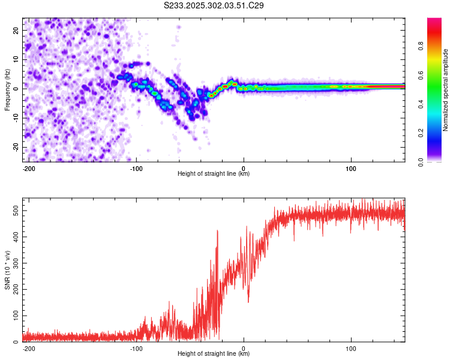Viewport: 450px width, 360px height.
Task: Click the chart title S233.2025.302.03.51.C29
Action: pos(214,5)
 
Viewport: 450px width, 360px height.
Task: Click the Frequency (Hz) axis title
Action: pos(7,90)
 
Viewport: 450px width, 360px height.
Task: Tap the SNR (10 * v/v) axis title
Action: pos(7,270)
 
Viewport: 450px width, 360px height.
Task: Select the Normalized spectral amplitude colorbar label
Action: pos(445,90)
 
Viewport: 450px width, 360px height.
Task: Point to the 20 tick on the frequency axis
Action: pos(16,30)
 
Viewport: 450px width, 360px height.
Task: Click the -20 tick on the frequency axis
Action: pos(16,148)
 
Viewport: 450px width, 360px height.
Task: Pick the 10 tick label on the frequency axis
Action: pos(16,59)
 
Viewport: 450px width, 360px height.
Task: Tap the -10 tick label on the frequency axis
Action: pos(16,118)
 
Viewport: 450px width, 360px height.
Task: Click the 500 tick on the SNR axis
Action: pos(16,211)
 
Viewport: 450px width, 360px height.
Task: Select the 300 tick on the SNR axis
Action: pos(16,263)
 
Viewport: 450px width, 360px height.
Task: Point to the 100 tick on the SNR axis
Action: pos(16,316)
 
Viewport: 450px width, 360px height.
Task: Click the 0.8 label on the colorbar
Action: pos(421,46)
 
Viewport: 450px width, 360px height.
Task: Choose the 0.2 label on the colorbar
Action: pos(421,133)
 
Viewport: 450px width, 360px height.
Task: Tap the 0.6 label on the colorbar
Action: pos(421,75)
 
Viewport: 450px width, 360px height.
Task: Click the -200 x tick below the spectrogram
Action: pos(29,169)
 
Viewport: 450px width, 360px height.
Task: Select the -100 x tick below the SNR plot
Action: pos(136,349)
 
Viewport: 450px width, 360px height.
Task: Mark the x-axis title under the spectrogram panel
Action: pos(214,173)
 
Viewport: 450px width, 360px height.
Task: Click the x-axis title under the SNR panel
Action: pos(214,353)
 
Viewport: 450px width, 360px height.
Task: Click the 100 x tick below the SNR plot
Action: pos(351,349)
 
